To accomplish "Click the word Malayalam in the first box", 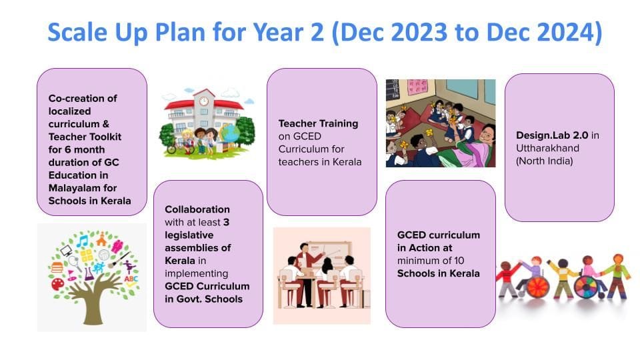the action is tap(83, 188).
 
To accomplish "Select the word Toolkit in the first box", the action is tap(103, 137).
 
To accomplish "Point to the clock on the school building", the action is tap(204, 101).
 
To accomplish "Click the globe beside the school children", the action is tap(230, 133).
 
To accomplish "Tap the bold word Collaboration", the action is tap(197, 209).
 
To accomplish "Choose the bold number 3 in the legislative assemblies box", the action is tap(226, 223).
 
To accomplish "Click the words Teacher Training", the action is tap(319, 124).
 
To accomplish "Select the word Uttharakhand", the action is tap(547, 148).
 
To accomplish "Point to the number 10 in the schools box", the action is tap(459, 261).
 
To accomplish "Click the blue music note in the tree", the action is tap(83, 241).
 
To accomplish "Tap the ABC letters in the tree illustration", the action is tap(131, 279).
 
